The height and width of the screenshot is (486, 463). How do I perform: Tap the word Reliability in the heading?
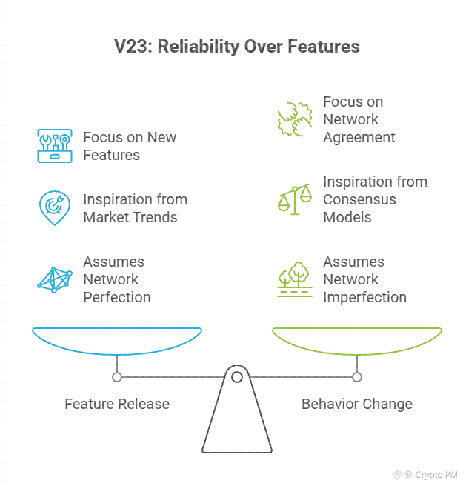pyautogui.click(x=199, y=47)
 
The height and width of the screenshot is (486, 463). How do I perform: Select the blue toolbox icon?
pyautogui.click(x=55, y=146)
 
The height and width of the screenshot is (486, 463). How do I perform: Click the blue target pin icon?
pyautogui.click(x=55, y=207)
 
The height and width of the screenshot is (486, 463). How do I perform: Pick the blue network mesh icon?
pyautogui.click(x=55, y=280)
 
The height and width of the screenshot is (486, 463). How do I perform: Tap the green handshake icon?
pyautogui.click(x=295, y=119)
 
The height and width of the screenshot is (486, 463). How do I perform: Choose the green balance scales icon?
pyautogui.click(x=295, y=199)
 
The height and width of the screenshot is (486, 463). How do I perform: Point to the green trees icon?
pyautogui.click(x=295, y=279)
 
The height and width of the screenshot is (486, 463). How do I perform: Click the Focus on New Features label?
pyautogui.click(x=130, y=146)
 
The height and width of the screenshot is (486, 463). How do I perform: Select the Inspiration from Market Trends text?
pyautogui.click(x=135, y=208)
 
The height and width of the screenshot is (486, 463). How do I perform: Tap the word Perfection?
pyautogui.click(x=117, y=297)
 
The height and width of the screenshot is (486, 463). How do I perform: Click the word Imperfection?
pyautogui.click(x=364, y=297)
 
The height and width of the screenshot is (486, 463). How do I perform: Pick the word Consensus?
pyautogui.click(x=359, y=199)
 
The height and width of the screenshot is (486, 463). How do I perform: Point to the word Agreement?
pyautogui.click(x=359, y=138)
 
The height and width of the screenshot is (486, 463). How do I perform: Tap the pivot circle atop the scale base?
pyautogui.click(x=237, y=377)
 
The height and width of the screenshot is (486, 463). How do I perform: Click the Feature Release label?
pyautogui.click(x=117, y=405)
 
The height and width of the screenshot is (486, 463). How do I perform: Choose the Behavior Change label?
pyautogui.click(x=357, y=405)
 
